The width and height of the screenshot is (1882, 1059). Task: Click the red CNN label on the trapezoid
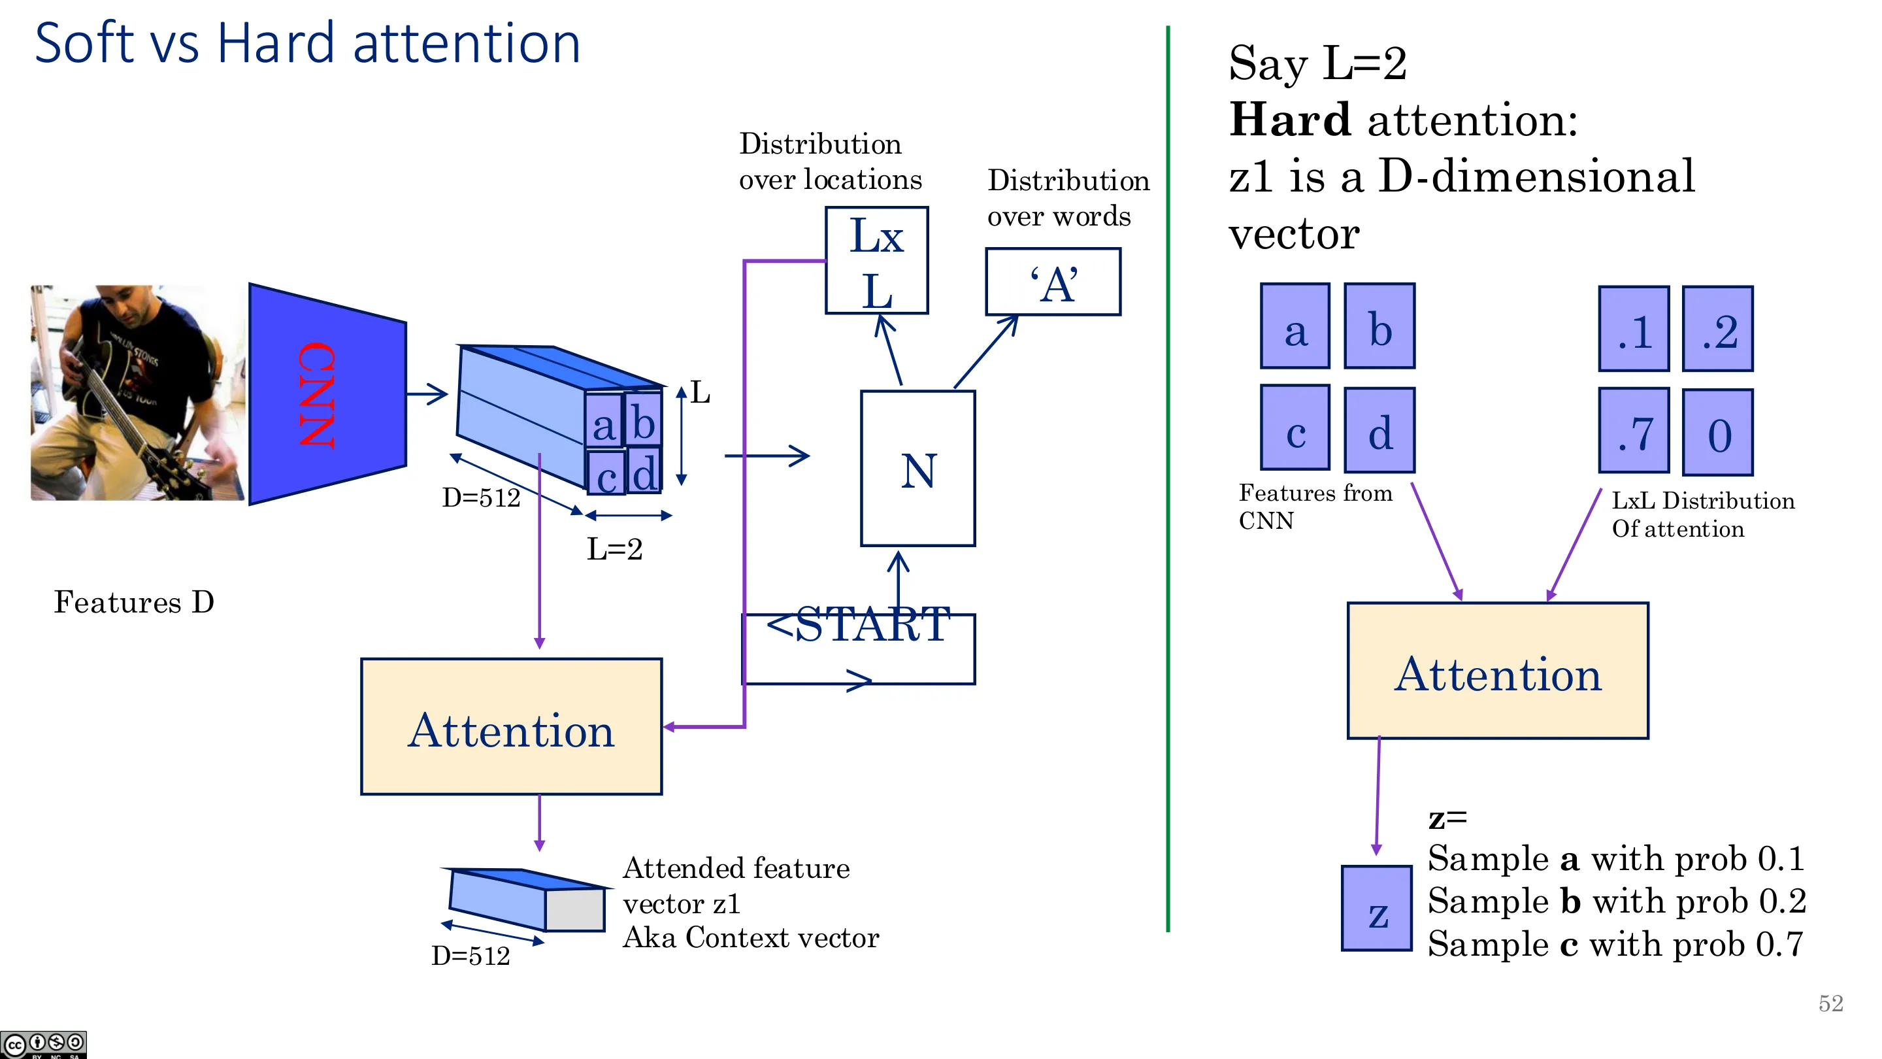[316, 395]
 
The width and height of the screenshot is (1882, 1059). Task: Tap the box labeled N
[917, 469]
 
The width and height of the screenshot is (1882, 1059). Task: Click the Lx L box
[877, 261]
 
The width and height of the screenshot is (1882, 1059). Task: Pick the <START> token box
[859, 649]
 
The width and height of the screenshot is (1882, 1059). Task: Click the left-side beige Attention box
[512, 726]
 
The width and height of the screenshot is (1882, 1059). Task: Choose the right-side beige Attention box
[1498, 671]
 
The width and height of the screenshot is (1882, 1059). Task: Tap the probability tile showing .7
[1634, 431]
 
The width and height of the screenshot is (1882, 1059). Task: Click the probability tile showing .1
[1634, 329]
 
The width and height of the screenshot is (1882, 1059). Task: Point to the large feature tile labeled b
[1379, 326]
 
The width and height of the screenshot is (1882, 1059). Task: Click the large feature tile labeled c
[1295, 428]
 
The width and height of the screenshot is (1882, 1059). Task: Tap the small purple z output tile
[1376, 909]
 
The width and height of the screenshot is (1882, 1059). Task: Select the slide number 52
[1831, 1003]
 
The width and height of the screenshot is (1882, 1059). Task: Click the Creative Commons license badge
[44, 1045]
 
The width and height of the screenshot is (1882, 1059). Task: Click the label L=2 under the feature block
[614, 549]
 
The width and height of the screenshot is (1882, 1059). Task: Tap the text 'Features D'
[134, 602]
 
